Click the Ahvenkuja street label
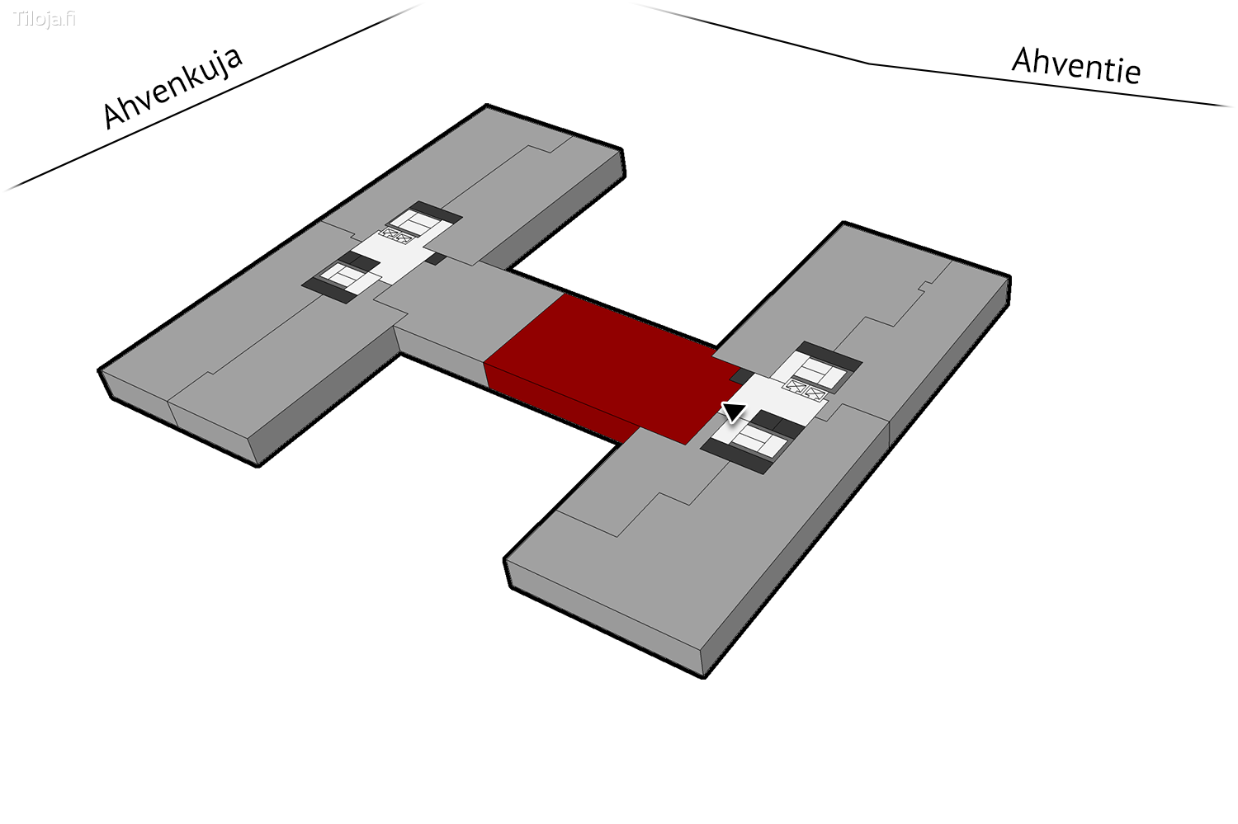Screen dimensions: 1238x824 [172, 87]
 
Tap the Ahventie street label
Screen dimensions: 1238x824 [1076, 66]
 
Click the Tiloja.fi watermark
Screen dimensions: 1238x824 [45, 19]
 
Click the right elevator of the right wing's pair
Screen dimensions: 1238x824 [815, 393]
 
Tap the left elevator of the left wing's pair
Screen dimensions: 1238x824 [391, 233]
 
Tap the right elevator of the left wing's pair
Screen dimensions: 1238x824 [405, 238]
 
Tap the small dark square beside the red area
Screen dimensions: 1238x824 [742, 375]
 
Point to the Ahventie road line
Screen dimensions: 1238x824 [934, 55]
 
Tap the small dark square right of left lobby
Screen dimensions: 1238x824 [437, 258]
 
